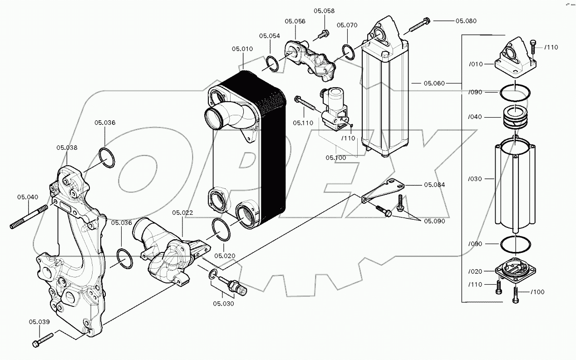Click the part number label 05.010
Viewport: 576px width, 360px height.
(x=242, y=49)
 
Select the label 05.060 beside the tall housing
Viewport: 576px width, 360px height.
(x=434, y=84)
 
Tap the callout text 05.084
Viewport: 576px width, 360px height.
(x=434, y=185)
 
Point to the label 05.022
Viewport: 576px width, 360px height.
(x=182, y=212)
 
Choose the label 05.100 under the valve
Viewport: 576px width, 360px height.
(x=336, y=158)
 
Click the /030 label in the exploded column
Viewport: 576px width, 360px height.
(x=475, y=179)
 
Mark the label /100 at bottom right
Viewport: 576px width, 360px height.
(x=538, y=292)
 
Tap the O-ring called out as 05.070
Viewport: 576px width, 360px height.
(x=349, y=52)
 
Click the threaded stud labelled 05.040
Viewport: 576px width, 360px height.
(x=29, y=217)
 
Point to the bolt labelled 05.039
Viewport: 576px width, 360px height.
(x=43, y=340)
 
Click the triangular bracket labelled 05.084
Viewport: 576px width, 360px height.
(x=383, y=190)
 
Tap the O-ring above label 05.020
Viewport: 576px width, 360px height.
(x=221, y=230)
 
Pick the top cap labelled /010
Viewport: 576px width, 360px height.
(x=515, y=57)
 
